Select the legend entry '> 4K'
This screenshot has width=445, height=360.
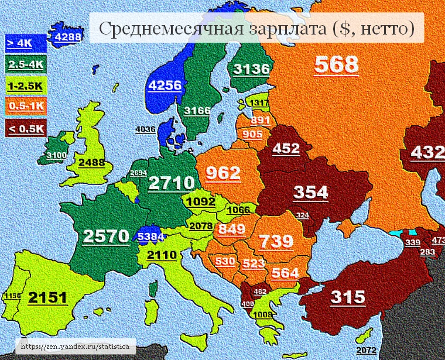[20, 43]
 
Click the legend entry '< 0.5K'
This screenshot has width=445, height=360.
[25, 128]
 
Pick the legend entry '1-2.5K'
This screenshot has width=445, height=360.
[25, 85]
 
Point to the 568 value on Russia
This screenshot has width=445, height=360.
[336, 64]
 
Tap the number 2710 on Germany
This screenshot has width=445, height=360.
[170, 183]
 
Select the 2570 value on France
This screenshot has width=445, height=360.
[105, 236]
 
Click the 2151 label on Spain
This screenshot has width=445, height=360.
[48, 297]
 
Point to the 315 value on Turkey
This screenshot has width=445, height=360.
[348, 297]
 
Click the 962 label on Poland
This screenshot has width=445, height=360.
[223, 173]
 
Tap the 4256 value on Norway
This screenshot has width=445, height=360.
[165, 85]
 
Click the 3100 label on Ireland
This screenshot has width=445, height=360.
[57, 155]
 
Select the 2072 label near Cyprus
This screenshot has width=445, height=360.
[365, 350]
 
